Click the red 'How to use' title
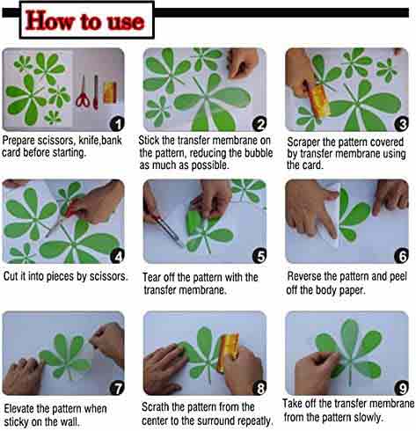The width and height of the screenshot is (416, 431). (84, 20)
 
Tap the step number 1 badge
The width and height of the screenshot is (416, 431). (117, 124)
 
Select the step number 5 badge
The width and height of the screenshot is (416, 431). (259, 256)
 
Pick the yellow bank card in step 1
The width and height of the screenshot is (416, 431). (110, 92)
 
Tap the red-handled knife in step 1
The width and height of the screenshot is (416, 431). (96, 92)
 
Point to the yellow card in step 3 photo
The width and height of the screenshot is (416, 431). (318, 100)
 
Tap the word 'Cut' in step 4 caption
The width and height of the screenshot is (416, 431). (11, 276)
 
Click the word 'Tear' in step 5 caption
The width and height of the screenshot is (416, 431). (151, 277)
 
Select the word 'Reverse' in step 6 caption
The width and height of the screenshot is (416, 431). (303, 276)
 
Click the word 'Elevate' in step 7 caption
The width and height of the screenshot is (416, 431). (19, 408)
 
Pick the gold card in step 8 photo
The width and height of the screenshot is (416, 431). (230, 350)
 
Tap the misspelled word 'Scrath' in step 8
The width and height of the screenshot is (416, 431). (156, 407)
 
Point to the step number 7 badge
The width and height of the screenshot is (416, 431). (117, 388)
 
